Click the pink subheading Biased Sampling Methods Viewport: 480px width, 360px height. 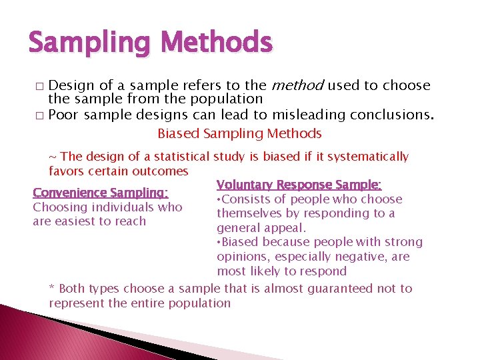[x=239, y=133]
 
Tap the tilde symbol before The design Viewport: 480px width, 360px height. [x=53, y=157]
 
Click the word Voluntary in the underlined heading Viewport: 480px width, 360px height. [x=245, y=185]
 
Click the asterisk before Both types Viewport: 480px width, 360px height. [x=53, y=289]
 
